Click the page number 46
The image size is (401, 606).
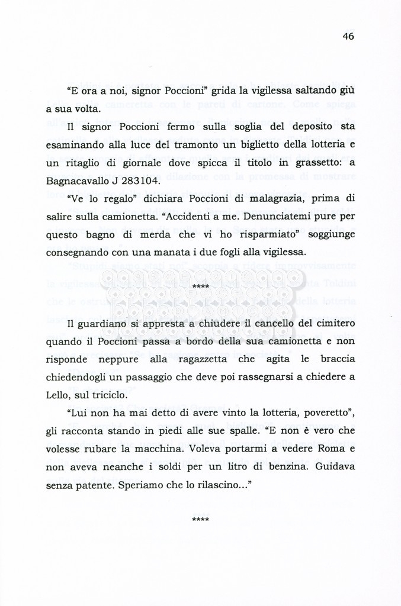pyautogui.click(x=348, y=36)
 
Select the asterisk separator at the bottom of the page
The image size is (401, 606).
pyautogui.click(x=201, y=519)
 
